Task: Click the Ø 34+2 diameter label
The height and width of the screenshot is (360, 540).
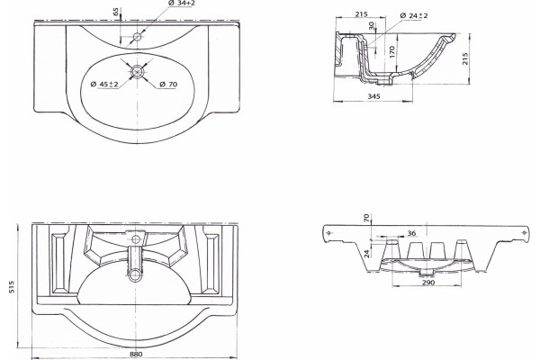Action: [x=182, y=3]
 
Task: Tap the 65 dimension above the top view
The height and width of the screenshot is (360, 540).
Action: [x=117, y=12]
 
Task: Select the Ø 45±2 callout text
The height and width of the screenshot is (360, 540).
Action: [x=104, y=84]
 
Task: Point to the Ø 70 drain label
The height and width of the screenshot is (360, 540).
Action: [x=168, y=84]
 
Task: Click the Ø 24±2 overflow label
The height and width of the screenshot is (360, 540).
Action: [x=414, y=15]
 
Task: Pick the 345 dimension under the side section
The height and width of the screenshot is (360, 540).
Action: [x=373, y=96]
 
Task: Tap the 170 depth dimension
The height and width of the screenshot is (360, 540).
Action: [x=391, y=52]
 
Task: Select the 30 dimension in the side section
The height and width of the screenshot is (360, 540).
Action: [x=371, y=25]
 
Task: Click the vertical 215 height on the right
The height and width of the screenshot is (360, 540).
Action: [x=465, y=58]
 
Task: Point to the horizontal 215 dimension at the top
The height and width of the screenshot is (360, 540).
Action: [x=361, y=14]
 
